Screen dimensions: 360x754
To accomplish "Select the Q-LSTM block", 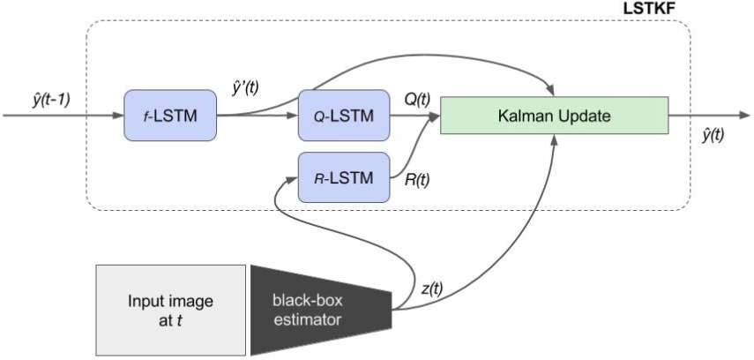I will (344, 115).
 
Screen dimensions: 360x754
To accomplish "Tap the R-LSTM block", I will (344, 177).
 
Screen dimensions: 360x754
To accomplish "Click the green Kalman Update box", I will (553, 116).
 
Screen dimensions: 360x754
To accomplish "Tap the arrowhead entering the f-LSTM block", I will (118, 115).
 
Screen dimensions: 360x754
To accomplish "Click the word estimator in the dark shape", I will (305, 319).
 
